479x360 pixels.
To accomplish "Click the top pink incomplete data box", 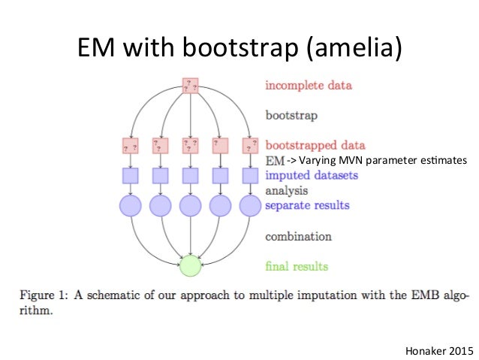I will pos(191,86).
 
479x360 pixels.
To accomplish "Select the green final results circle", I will pos(191,265).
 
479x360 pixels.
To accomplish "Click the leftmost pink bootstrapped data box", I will pos(131,145).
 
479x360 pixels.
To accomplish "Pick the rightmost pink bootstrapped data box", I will pos(251,145).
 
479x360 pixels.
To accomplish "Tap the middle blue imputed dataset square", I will pos(191,175).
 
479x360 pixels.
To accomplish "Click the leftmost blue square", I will pos(131,175).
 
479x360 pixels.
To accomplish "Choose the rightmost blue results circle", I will pos(251,204).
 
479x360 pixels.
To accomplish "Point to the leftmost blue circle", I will pos(131,204).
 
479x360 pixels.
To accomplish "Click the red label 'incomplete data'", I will pos(308,86).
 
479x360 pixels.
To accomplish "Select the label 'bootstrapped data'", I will pos(315,145).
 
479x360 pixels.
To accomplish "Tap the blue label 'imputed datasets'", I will pos(311,175).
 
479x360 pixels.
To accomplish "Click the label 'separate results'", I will pos(306,204).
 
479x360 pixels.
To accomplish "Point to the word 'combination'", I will pos(298,236).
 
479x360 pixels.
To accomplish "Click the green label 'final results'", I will pos(297,265).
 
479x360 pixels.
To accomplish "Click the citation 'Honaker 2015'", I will pos(439,349).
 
